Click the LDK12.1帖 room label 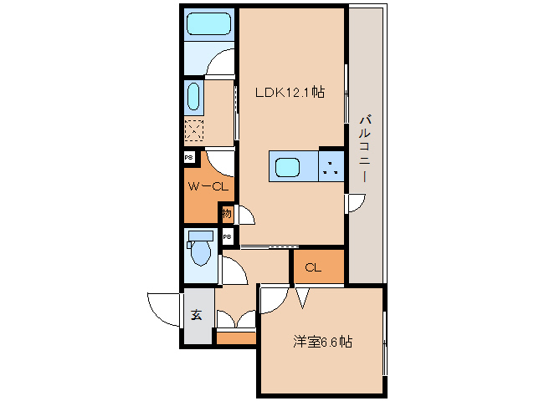tap(290, 92)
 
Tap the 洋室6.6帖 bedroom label tap(322, 342)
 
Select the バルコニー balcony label tap(365, 149)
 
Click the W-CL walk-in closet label tap(208, 186)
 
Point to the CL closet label tap(313, 267)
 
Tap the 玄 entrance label tap(197, 315)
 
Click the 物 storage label tap(227, 213)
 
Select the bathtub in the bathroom tap(209, 23)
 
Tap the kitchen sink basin tap(287, 168)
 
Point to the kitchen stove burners tap(331, 167)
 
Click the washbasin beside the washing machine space tap(193, 97)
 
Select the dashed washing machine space tap(194, 130)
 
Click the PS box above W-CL tap(188, 158)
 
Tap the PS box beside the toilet tap(228, 236)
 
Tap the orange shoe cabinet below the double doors tap(236, 338)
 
